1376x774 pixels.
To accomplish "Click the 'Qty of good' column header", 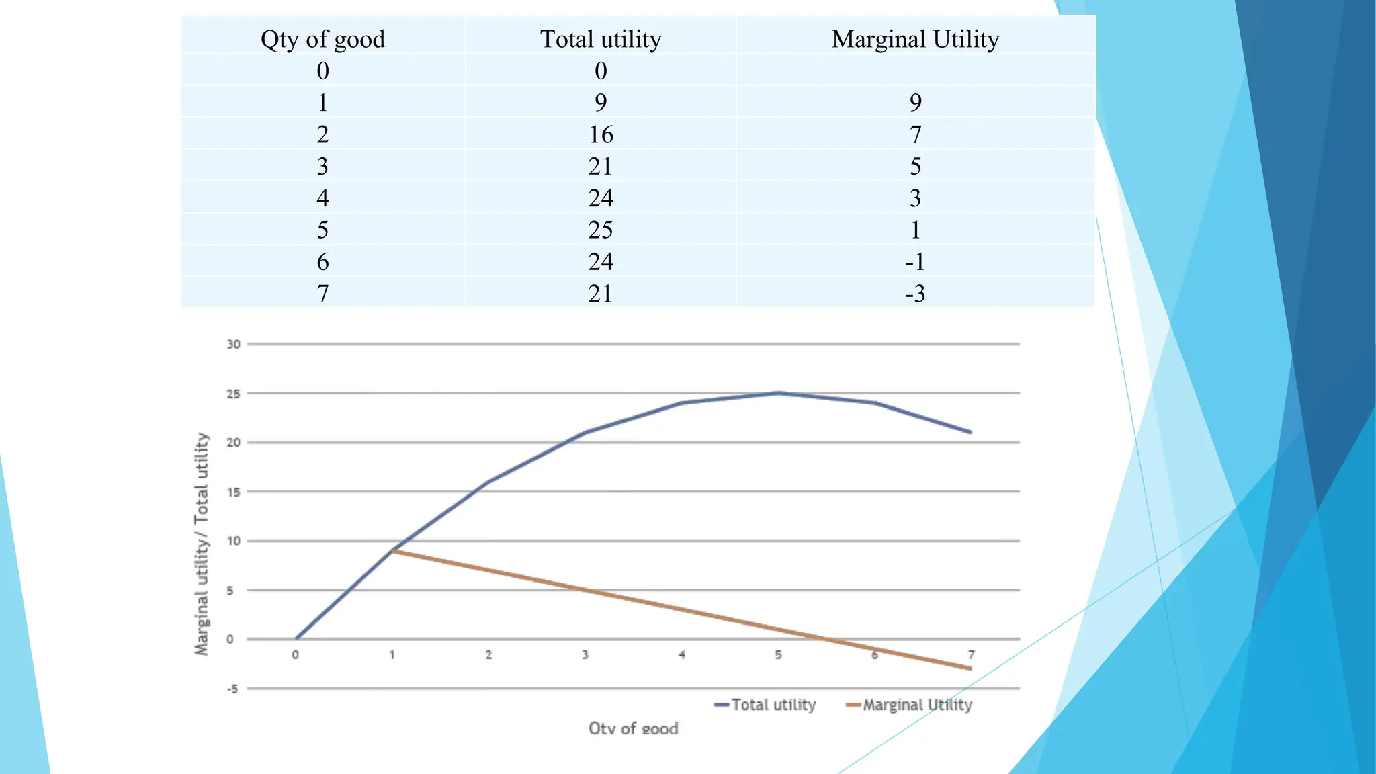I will pos(322,39).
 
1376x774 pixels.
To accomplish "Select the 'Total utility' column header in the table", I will pos(601,39).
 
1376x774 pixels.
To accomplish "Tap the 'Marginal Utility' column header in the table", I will pos(915,39).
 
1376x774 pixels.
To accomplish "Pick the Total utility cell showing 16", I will pos(601,134).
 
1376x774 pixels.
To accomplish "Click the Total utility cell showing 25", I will pos(601,230).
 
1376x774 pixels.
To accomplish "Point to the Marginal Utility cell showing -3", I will pos(915,294).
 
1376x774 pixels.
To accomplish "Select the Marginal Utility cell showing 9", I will pos(915,102).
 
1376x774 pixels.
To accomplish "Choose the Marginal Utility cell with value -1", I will pos(915,261).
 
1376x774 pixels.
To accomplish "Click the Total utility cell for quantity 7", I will pos(601,294).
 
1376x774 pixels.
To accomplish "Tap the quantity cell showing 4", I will pos(322,198).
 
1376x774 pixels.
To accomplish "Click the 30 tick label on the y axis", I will pos(233,344).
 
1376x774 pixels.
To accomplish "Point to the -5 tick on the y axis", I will pos(232,689).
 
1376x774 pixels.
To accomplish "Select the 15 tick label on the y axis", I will pos(233,492).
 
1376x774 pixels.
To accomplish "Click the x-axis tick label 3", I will pos(585,654).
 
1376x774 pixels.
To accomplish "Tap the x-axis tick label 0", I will pos(296,654).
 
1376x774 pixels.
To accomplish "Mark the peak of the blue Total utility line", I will pos(778,393).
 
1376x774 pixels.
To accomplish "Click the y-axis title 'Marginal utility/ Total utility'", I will pos(202,544).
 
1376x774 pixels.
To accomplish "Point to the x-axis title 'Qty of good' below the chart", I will pos(634,728).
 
